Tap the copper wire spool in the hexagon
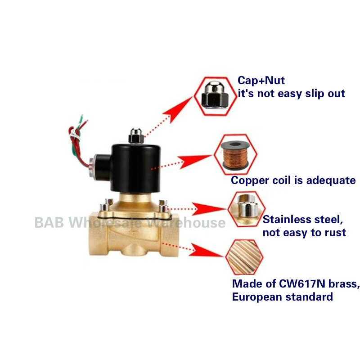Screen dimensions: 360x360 (235, 155)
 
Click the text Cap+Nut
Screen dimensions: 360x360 (261, 81)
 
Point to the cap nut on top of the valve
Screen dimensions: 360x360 (135, 134)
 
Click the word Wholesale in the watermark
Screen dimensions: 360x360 (108, 222)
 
